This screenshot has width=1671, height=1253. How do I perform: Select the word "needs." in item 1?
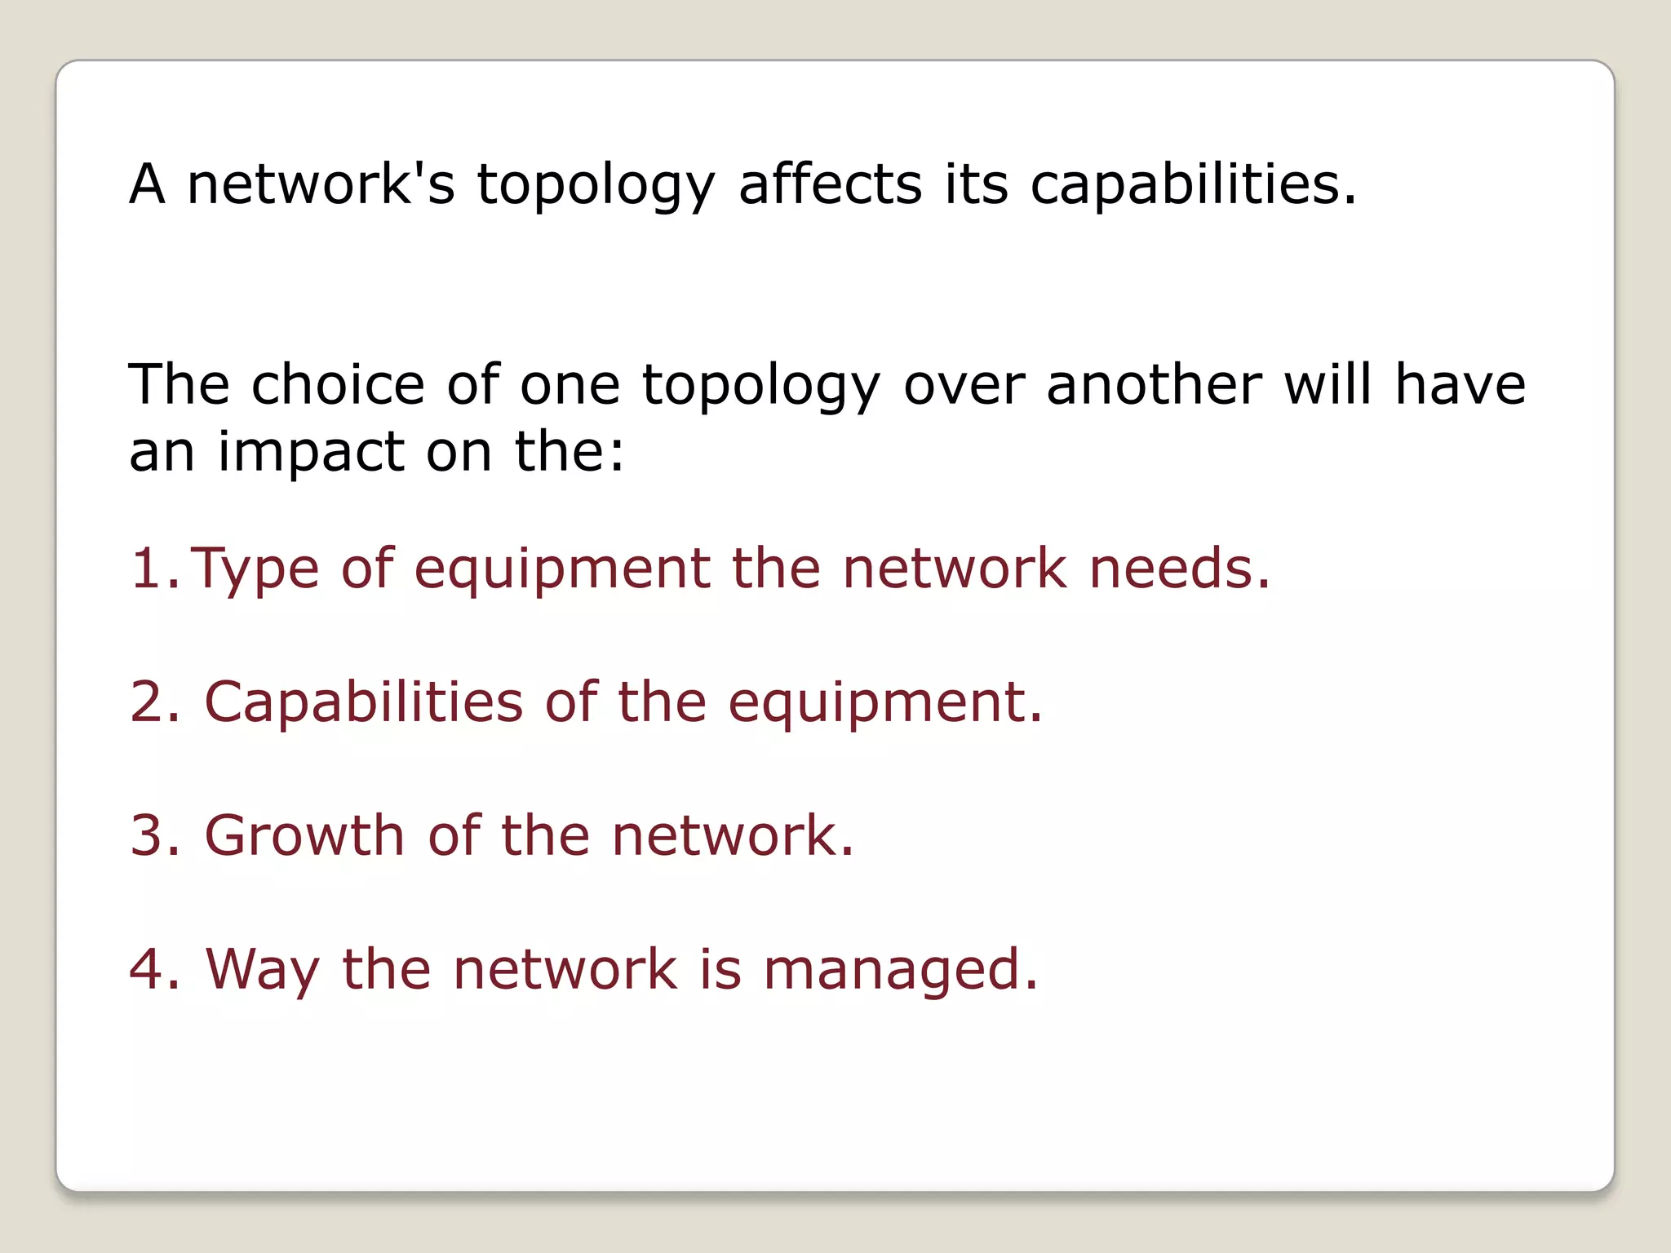click(1180, 569)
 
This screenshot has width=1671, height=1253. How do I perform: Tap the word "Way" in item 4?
click(262, 971)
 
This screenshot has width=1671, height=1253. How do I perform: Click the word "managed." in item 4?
click(901, 971)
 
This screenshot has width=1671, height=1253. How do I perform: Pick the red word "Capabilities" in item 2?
click(363, 703)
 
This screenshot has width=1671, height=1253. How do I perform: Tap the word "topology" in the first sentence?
click(596, 186)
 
